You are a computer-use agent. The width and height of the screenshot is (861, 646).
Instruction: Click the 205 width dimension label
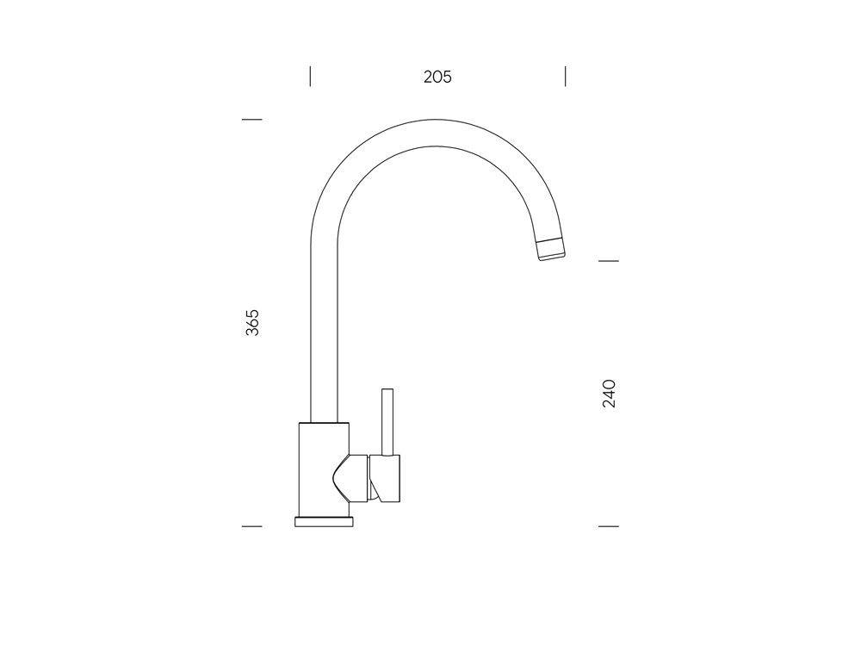[x=437, y=77]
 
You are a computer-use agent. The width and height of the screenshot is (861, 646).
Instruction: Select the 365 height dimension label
[x=252, y=321]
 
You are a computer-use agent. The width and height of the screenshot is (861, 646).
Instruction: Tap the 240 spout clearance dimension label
[x=609, y=393]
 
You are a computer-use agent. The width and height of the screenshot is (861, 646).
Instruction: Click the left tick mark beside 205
[x=310, y=77]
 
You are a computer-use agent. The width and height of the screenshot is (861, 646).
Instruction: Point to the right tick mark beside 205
[x=565, y=77]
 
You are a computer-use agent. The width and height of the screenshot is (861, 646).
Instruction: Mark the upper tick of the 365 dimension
[x=251, y=120]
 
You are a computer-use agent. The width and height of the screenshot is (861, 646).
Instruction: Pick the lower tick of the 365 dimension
[x=251, y=525]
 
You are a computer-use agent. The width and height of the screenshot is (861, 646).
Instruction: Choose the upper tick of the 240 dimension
[x=608, y=260]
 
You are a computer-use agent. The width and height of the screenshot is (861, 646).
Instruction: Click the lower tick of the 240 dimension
[x=608, y=525]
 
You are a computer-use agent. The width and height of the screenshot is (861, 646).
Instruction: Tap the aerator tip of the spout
[x=552, y=248]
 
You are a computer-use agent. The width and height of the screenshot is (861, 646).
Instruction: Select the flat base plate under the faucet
[x=324, y=521]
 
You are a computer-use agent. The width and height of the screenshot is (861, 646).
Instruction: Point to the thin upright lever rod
[x=388, y=422]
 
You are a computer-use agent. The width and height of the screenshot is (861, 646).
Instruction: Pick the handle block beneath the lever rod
[x=386, y=478]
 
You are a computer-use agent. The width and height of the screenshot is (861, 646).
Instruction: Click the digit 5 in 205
[x=446, y=77]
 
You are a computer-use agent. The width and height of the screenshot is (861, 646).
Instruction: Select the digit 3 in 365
[x=252, y=331]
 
